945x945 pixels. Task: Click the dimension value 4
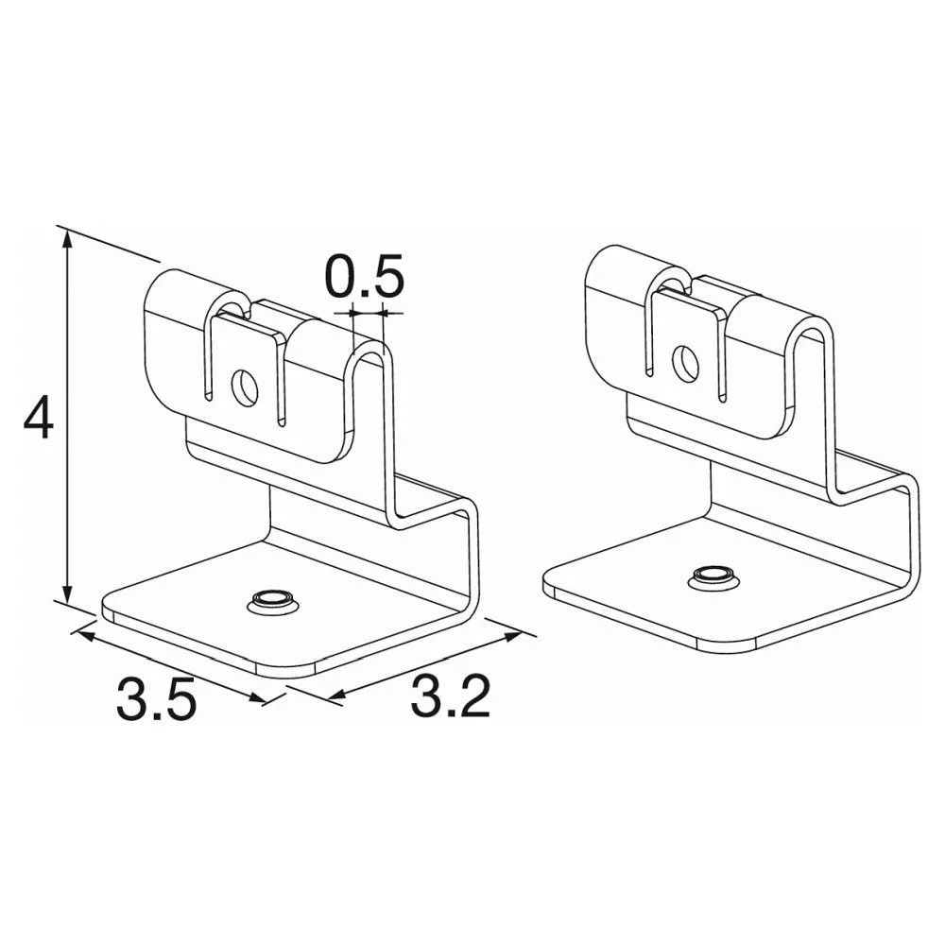[x=39, y=417]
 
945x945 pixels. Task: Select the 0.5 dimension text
[x=365, y=277]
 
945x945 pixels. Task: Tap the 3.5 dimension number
[x=157, y=698]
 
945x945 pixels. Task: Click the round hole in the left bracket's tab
[x=246, y=388]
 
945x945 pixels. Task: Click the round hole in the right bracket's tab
[x=686, y=363]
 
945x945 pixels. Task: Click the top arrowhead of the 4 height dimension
[x=67, y=239]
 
